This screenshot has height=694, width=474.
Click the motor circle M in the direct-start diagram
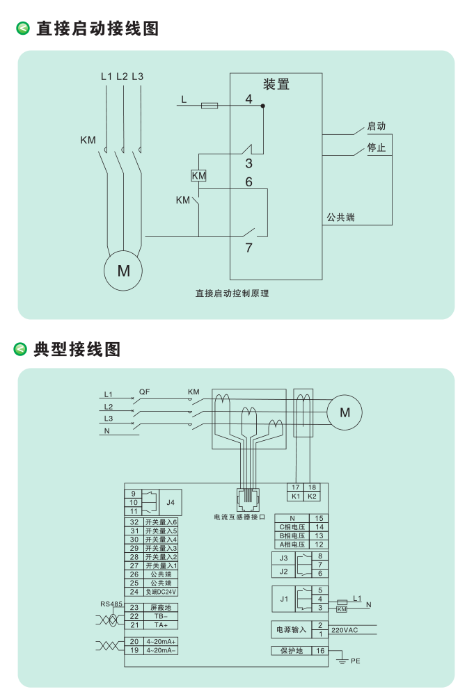[123, 271]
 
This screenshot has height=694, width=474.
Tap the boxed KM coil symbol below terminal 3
[198, 176]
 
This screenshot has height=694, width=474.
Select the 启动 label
[376, 127]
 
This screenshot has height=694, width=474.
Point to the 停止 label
[376, 148]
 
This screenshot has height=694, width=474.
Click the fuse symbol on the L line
[209, 106]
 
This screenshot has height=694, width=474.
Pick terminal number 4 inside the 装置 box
[248, 99]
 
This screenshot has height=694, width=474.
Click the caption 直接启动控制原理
[232, 293]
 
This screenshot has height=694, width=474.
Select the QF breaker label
[144, 392]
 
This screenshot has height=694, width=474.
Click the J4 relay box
[171, 501]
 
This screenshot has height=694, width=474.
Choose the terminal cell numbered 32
[134, 522]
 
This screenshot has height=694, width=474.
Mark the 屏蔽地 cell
[161, 607]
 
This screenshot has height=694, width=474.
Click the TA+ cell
[161, 625]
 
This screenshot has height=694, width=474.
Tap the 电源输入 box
[291, 629]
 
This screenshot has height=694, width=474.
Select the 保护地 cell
[291, 651]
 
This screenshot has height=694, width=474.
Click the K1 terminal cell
[295, 497]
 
